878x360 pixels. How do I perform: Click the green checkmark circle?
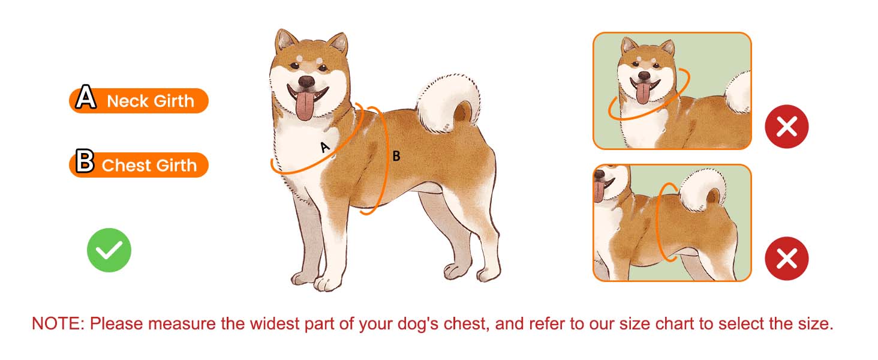[x=109, y=250]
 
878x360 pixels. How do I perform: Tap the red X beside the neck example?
[x=786, y=126]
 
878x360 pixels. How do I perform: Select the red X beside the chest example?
[x=786, y=259]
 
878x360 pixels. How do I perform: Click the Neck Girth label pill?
[x=139, y=101]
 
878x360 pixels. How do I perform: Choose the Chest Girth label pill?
[x=139, y=165]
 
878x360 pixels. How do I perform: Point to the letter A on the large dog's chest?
[x=325, y=147]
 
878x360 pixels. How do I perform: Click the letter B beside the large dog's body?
[x=396, y=156]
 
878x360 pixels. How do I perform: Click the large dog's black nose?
[x=306, y=82]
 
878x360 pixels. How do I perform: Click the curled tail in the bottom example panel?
[x=702, y=190]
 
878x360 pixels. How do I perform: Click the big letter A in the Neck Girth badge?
[x=86, y=97]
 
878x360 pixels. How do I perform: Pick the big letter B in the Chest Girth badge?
[x=85, y=161]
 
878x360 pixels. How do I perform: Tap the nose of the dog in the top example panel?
[x=644, y=75]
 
